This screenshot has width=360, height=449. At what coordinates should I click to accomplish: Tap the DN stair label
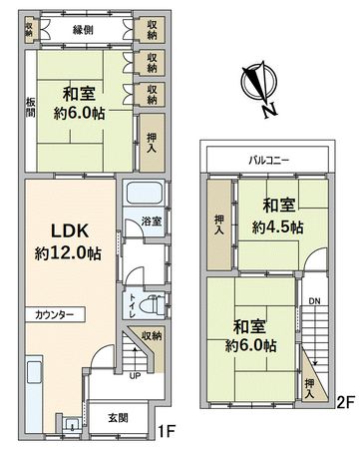tap(314, 299)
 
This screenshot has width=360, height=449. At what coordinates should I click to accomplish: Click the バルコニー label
tap(268, 160)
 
